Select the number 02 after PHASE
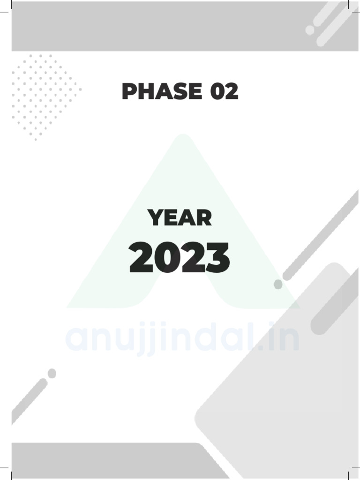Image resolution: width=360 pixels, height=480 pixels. [x=224, y=91]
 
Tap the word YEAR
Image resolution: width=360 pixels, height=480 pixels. [x=180, y=218]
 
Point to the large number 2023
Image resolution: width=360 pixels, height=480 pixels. [x=180, y=258]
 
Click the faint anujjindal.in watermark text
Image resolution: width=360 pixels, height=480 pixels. [x=182, y=339]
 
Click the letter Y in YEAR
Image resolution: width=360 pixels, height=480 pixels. [x=155, y=218]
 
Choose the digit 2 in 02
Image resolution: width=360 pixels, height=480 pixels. [x=231, y=91]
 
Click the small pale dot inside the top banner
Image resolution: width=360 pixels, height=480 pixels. [x=310, y=30]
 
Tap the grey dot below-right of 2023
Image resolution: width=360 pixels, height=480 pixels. [x=278, y=285]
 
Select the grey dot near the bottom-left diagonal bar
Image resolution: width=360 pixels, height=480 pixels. [x=52, y=373]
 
